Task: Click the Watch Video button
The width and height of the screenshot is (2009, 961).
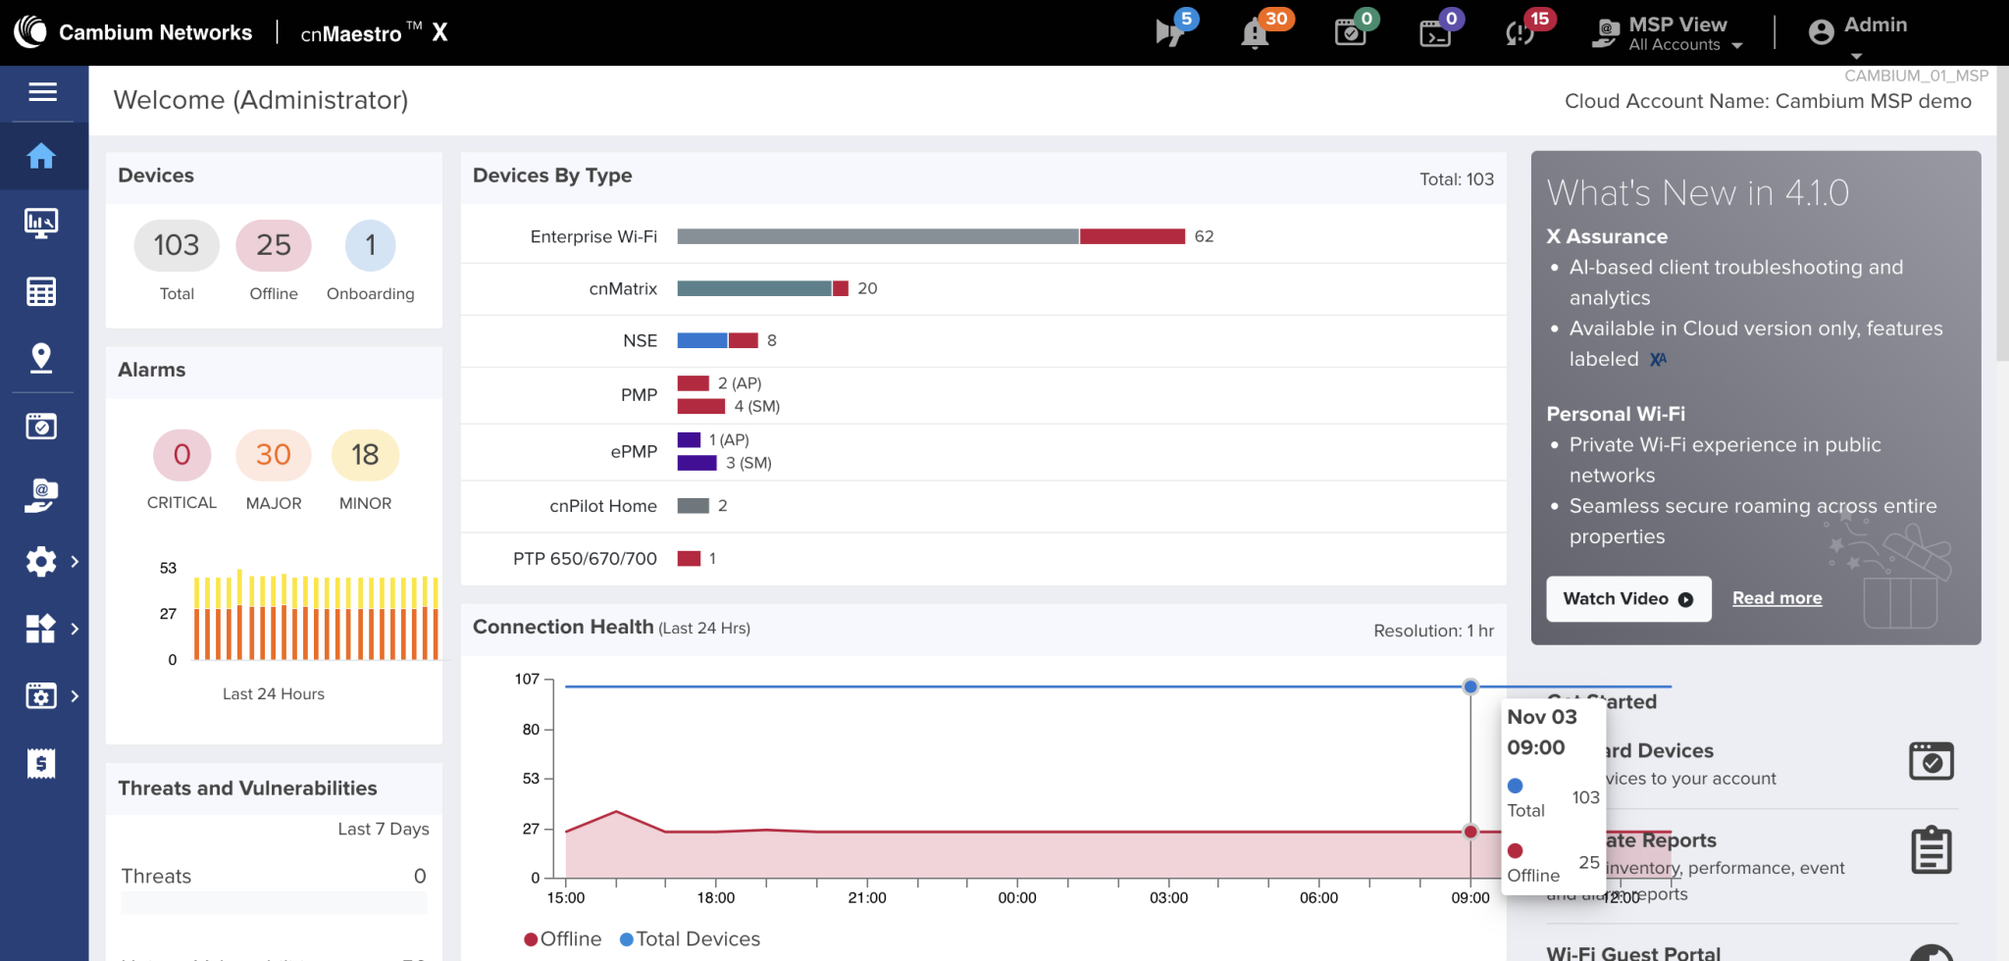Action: (1628, 599)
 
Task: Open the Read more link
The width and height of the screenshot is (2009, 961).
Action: (1777, 598)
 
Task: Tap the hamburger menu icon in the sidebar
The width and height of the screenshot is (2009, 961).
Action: (42, 92)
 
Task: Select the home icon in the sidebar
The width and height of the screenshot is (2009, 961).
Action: (41, 156)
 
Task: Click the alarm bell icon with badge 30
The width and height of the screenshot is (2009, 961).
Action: (1255, 33)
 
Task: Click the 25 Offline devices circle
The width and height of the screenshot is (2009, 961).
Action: (274, 245)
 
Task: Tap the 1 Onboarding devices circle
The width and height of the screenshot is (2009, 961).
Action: (371, 245)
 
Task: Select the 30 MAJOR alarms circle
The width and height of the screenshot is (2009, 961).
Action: (274, 455)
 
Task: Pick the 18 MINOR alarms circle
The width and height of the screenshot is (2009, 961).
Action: (365, 455)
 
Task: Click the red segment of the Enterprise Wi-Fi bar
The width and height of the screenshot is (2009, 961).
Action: (1132, 236)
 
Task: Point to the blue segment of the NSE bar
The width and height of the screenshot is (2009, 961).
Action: (701, 340)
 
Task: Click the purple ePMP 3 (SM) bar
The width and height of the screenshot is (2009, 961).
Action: (696, 463)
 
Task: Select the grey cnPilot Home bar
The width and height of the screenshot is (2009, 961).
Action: (693, 506)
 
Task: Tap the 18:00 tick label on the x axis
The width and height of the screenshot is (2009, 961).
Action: (716, 898)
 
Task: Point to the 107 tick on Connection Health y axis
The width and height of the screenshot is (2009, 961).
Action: (527, 679)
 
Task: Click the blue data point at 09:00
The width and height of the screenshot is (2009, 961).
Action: (1470, 686)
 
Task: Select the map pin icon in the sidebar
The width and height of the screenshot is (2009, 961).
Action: (41, 358)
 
